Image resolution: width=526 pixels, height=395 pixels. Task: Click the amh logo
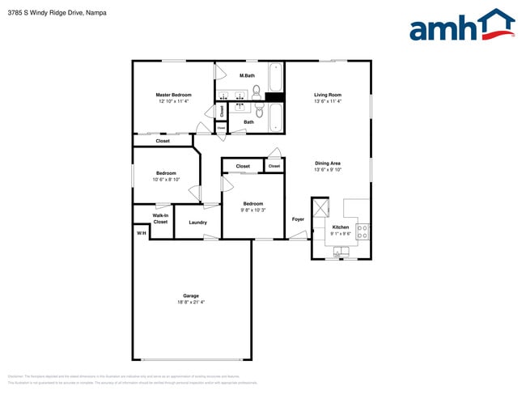(462, 25)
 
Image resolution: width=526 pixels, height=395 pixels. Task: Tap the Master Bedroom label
(174, 95)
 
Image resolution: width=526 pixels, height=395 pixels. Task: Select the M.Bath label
(247, 76)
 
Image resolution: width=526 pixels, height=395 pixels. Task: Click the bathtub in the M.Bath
(276, 79)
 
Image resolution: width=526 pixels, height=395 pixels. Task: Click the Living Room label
(328, 95)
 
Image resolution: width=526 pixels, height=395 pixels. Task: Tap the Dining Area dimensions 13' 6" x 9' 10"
(328, 170)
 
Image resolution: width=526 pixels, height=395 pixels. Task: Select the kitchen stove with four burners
(362, 231)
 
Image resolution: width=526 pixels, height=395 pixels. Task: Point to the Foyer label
(298, 219)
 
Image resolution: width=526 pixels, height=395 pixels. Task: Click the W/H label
(141, 233)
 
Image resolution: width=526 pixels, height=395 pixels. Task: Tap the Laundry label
(197, 223)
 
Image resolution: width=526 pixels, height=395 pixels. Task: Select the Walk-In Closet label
(160, 219)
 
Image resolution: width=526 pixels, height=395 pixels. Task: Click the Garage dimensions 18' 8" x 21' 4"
(191, 302)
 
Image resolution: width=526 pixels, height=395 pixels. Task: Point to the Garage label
(191, 295)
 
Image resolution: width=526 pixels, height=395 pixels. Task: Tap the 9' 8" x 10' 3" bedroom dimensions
(252, 210)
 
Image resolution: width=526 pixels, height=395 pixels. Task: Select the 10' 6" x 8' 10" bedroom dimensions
(166, 179)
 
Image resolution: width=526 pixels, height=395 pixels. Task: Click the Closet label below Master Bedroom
(163, 141)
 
